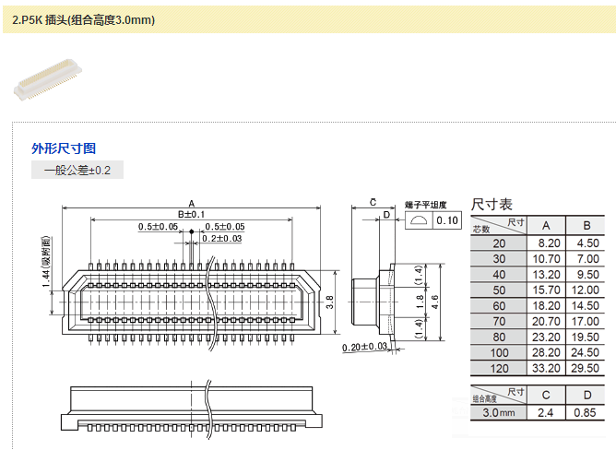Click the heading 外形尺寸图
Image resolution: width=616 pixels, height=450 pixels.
pos(64,148)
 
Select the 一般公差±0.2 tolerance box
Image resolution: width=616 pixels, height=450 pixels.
pos(77,171)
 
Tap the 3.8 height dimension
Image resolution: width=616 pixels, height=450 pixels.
pos(330,302)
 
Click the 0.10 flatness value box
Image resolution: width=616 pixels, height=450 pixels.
pos(447,220)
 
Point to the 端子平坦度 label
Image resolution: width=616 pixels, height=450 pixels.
pos(426,205)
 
